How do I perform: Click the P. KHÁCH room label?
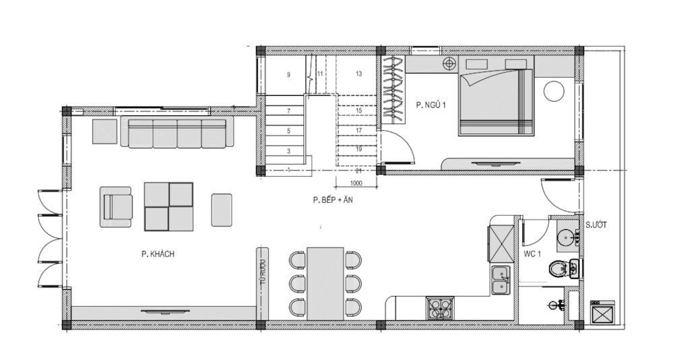click(x=158, y=254)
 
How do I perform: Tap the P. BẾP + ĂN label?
click(x=333, y=200)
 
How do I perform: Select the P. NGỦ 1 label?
click(x=431, y=105)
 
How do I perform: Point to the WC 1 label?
click(x=532, y=254)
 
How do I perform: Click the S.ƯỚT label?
click(x=596, y=225)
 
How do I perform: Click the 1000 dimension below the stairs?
click(x=356, y=183)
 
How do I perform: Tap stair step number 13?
click(x=358, y=74)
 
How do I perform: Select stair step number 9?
click(x=288, y=75)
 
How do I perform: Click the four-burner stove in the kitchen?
click(x=439, y=308)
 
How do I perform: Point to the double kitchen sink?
click(x=501, y=280)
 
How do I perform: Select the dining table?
click(x=325, y=283)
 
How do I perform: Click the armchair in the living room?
click(x=116, y=207)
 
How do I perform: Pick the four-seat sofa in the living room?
click(x=177, y=132)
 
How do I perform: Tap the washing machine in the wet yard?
click(x=603, y=312)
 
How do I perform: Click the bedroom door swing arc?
click(x=405, y=142)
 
